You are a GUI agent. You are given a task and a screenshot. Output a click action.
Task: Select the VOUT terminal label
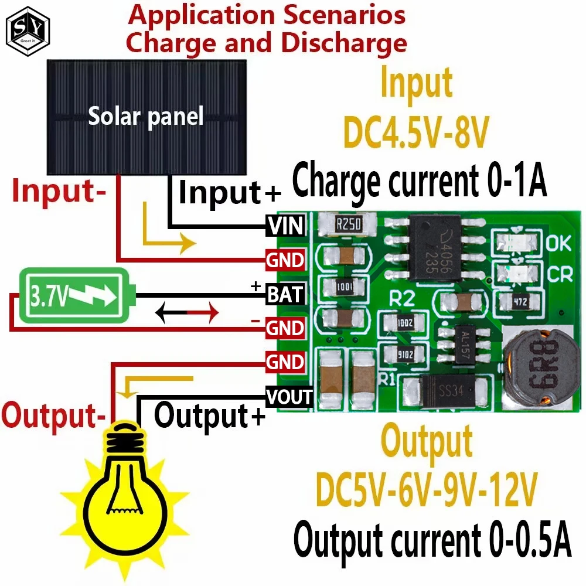pos(289,397)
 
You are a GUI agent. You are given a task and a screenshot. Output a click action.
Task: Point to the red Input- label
pos(56,192)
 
